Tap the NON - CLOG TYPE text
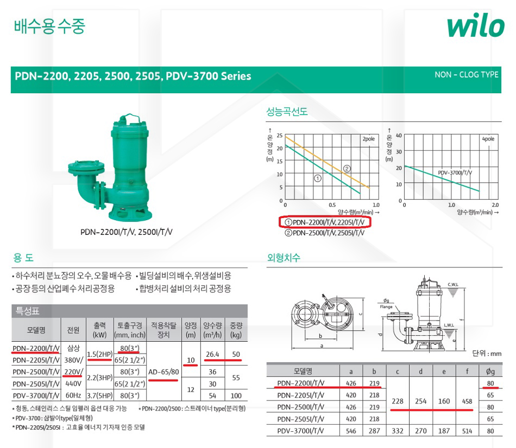point(467,75)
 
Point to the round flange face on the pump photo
point(86,167)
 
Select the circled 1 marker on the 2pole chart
point(318,178)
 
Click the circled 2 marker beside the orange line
point(347,169)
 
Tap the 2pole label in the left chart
point(369,139)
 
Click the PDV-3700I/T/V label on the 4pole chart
point(455,172)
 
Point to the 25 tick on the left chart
point(279,135)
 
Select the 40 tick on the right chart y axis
point(399,135)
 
